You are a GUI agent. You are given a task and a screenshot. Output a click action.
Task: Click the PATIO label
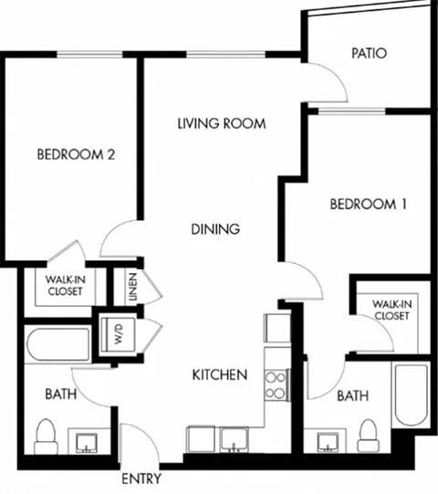pyautogui.click(x=369, y=53)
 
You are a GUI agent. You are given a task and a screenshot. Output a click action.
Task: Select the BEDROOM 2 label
pyautogui.click(x=76, y=154)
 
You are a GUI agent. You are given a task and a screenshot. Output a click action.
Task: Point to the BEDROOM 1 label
pyautogui.click(x=368, y=205)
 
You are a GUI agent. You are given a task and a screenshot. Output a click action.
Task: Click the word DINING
pyautogui.click(x=215, y=229)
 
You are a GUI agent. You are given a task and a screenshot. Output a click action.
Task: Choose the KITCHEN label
pyautogui.click(x=220, y=374)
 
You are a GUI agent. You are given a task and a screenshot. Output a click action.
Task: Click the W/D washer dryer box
pyautogui.click(x=117, y=331)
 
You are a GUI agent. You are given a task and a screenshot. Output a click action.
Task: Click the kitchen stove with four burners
pyautogui.click(x=276, y=385)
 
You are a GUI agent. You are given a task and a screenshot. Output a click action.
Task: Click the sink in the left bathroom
pyautogui.click(x=88, y=444)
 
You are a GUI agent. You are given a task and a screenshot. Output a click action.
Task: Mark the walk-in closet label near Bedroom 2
pyautogui.click(x=65, y=285)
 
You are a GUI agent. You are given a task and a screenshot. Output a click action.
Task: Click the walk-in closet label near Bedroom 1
pyautogui.click(x=391, y=310)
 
